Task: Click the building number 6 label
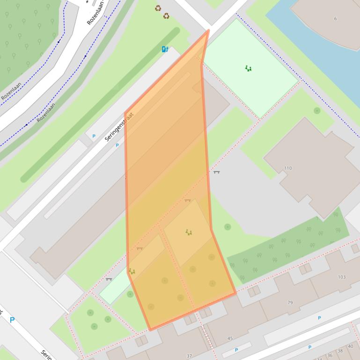(x=335, y=19)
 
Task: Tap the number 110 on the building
(x=287, y=168)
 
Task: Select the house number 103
(x=342, y=277)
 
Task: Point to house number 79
(x=290, y=303)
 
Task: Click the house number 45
(x=230, y=338)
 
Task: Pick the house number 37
(x=189, y=356)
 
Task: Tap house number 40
(x=351, y=346)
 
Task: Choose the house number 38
(x=340, y=351)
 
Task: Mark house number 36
(x=331, y=356)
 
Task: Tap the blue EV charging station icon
(x=165, y=49)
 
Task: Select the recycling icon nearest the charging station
(x=166, y=16)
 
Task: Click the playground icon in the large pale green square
(x=248, y=68)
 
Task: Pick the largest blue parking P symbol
(x=12, y=320)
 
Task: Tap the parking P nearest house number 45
(x=236, y=350)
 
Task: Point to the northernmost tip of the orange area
(x=208, y=31)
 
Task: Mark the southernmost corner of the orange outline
(x=150, y=330)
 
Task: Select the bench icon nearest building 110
(x=216, y=172)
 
